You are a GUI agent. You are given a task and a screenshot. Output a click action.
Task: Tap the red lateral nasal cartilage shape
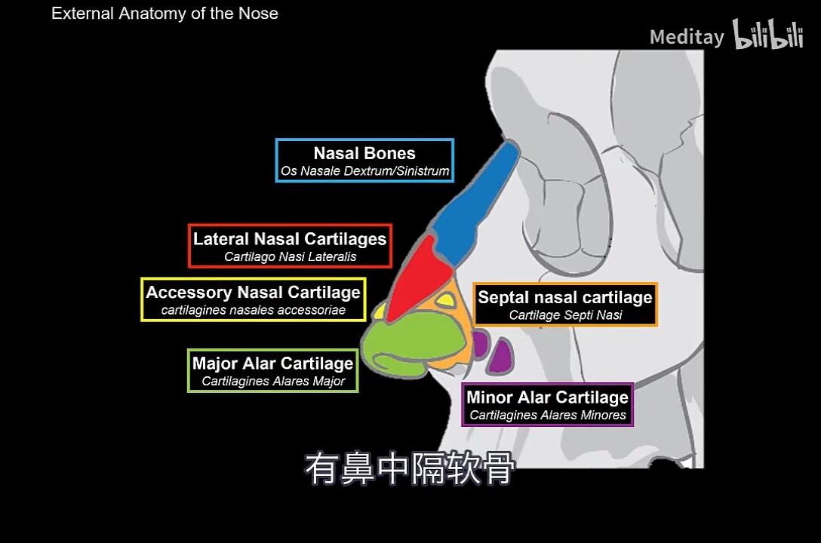[419, 278]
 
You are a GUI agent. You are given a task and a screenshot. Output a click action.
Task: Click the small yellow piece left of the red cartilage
[379, 313]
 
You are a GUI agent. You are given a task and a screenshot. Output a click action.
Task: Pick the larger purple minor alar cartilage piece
[501, 356]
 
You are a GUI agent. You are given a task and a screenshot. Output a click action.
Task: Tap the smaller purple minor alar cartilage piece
[480, 344]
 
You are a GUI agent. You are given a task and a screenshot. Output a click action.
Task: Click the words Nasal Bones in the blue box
[364, 153]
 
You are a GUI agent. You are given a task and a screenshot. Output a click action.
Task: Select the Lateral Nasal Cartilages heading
[290, 239]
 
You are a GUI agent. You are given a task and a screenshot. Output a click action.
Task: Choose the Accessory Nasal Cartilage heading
[253, 292]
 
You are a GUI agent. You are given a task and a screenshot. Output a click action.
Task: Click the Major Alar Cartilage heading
[273, 363]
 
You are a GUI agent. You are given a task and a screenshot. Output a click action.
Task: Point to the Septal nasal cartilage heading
[565, 297]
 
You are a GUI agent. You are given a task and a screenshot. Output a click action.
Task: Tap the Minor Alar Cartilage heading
[547, 397]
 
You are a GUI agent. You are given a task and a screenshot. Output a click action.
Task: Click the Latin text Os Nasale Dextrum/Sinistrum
[364, 171]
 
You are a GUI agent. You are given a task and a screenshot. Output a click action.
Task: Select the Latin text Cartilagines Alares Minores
[548, 415]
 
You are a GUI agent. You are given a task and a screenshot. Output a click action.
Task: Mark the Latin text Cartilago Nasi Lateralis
[290, 257]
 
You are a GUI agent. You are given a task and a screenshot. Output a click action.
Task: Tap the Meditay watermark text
[687, 37]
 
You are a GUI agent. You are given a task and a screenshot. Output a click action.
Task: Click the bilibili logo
[767, 35]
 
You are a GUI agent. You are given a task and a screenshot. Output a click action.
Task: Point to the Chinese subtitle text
[410, 468]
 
